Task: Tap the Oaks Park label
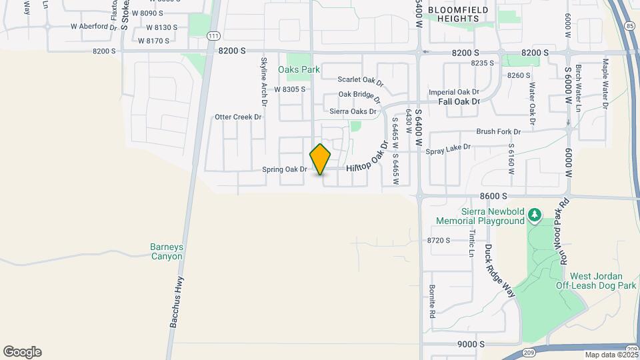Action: (x=299, y=69)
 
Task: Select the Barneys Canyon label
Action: (x=166, y=251)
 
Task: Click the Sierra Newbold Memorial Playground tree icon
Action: (x=533, y=215)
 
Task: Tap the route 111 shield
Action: (x=213, y=36)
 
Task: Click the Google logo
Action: (x=22, y=352)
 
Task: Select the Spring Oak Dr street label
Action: (x=284, y=169)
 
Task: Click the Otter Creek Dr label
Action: (x=238, y=117)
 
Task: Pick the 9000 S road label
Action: (x=470, y=344)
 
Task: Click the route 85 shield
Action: (x=630, y=26)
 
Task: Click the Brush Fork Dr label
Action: (x=498, y=132)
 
